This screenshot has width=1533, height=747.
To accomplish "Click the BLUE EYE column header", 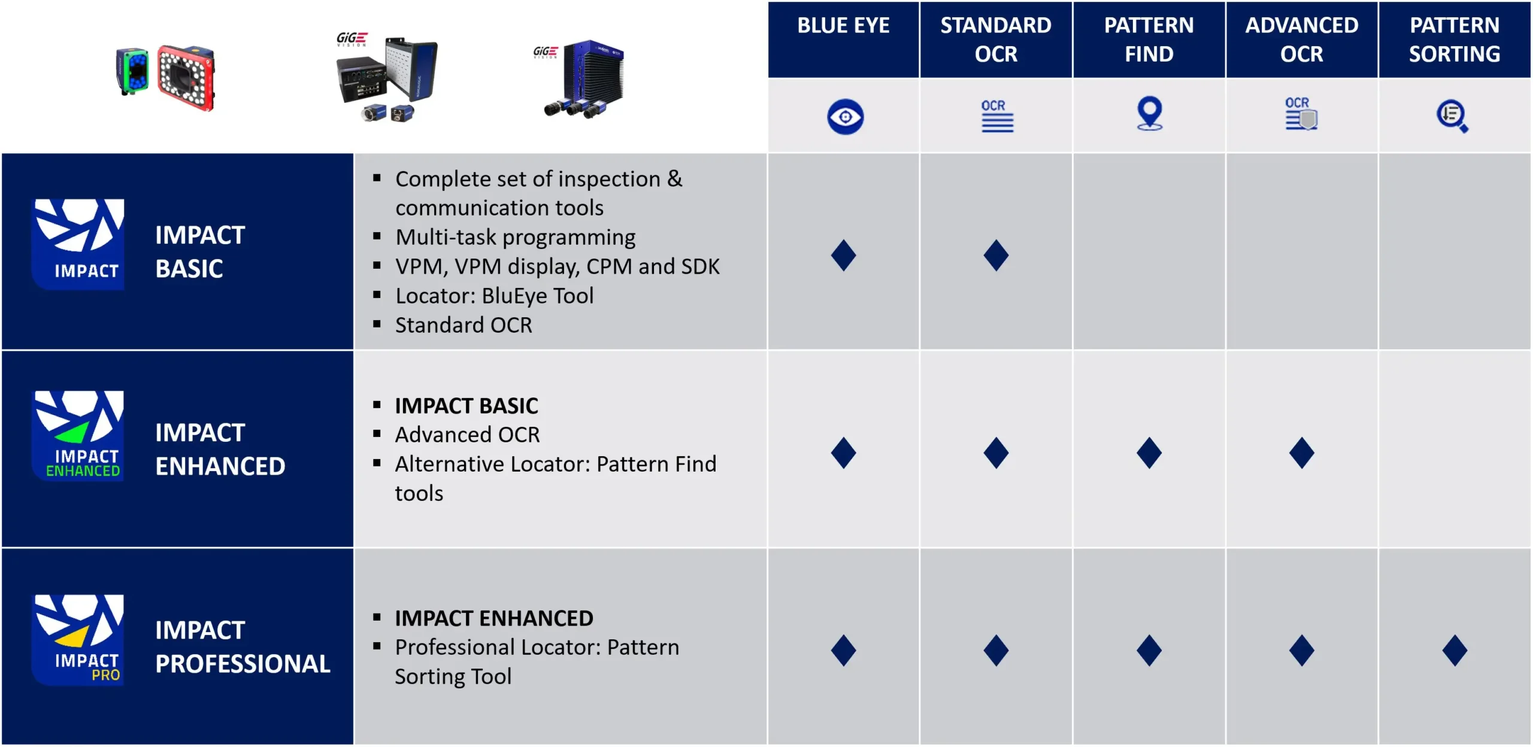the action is tap(843, 26).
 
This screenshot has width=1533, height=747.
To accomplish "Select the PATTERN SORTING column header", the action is tap(1455, 40).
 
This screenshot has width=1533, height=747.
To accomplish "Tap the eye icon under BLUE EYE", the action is tap(845, 117).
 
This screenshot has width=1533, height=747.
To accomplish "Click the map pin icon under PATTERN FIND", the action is tap(1150, 113).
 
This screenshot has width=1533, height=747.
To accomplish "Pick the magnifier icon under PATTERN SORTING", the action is tap(1452, 116).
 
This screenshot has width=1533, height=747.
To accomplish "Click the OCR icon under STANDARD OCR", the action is tap(996, 116).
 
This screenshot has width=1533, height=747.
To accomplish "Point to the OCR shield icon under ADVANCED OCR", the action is tap(1301, 114).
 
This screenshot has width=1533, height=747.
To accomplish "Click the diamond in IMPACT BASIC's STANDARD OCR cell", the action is tap(996, 256).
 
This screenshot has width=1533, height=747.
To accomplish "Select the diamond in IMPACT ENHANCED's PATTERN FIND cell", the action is tap(1149, 453).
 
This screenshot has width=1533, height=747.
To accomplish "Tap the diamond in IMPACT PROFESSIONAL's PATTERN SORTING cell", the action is tap(1455, 651).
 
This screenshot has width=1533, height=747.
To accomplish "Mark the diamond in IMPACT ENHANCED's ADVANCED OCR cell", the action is tap(1302, 453).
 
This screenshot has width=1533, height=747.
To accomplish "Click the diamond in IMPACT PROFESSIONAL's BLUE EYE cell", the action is tap(843, 651).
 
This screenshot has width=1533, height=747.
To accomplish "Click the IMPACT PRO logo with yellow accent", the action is tap(78, 639).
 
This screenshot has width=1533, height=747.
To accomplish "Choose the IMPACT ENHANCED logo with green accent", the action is tap(78, 436).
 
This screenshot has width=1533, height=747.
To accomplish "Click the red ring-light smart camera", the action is tap(186, 78).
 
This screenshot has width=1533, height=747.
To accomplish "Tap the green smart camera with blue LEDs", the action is tap(132, 72).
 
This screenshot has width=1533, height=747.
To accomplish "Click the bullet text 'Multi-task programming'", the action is tap(515, 238).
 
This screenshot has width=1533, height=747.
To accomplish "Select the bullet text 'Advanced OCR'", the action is tap(467, 435).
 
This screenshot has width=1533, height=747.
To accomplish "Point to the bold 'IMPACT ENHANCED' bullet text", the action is tap(494, 618).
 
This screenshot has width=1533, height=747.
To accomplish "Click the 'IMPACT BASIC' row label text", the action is tap(200, 252).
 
